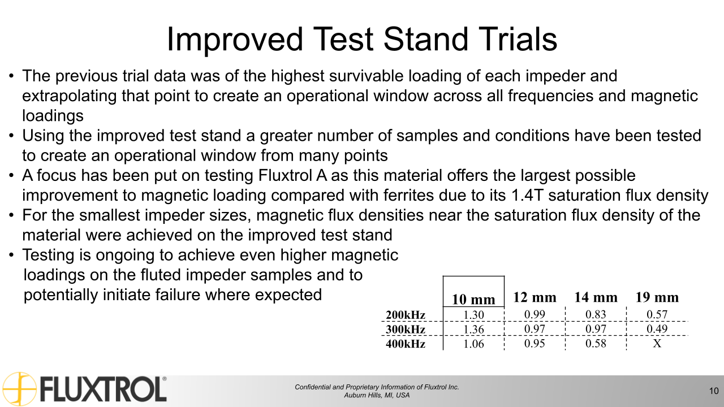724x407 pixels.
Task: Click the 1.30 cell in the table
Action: point(474,315)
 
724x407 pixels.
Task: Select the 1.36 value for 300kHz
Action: point(474,329)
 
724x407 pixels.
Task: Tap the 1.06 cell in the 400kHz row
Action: point(474,343)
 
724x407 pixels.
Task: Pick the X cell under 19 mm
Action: point(657,343)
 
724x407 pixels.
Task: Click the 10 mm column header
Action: point(473,299)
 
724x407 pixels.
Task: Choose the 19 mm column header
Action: point(657,297)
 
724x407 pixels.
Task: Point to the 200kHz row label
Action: point(406,315)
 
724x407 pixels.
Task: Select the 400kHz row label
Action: point(406,343)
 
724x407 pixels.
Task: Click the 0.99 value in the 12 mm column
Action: point(535,315)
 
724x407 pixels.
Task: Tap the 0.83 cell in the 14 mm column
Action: point(596,315)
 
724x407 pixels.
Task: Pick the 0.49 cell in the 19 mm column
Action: point(657,329)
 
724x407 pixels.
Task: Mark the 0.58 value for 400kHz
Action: point(596,343)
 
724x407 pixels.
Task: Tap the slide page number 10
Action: point(713,391)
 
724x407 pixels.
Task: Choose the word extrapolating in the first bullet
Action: point(68,96)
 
